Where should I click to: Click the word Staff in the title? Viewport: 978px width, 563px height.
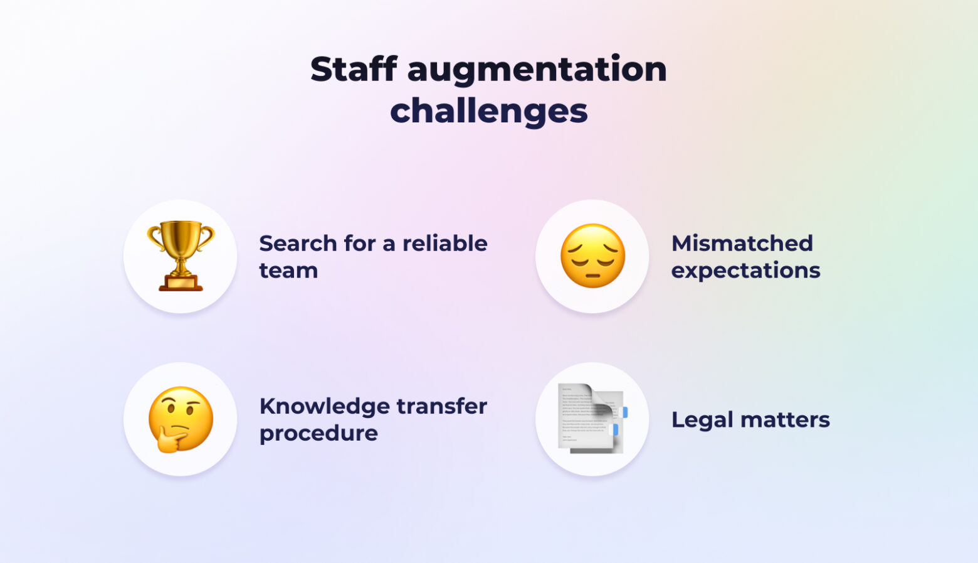(354, 69)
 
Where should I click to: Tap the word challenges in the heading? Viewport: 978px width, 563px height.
(489, 111)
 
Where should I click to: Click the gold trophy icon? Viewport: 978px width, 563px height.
(181, 255)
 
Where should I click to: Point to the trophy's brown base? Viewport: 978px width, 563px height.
(181, 283)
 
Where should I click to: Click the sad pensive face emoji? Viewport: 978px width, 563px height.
(592, 255)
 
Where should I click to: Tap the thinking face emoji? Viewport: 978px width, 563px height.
(181, 419)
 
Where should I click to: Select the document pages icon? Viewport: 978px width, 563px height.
(592, 419)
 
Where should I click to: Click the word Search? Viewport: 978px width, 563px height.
(298, 243)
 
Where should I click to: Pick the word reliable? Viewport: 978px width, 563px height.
(445, 243)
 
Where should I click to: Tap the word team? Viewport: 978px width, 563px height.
(288, 271)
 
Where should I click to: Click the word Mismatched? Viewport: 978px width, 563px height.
(742, 243)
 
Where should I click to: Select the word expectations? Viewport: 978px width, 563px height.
(746, 271)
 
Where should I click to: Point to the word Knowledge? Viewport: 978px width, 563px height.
(324, 407)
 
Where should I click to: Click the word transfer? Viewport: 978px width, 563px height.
(442, 406)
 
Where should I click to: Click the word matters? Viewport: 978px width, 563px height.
(785, 421)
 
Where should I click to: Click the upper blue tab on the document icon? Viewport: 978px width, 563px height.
(625, 412)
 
